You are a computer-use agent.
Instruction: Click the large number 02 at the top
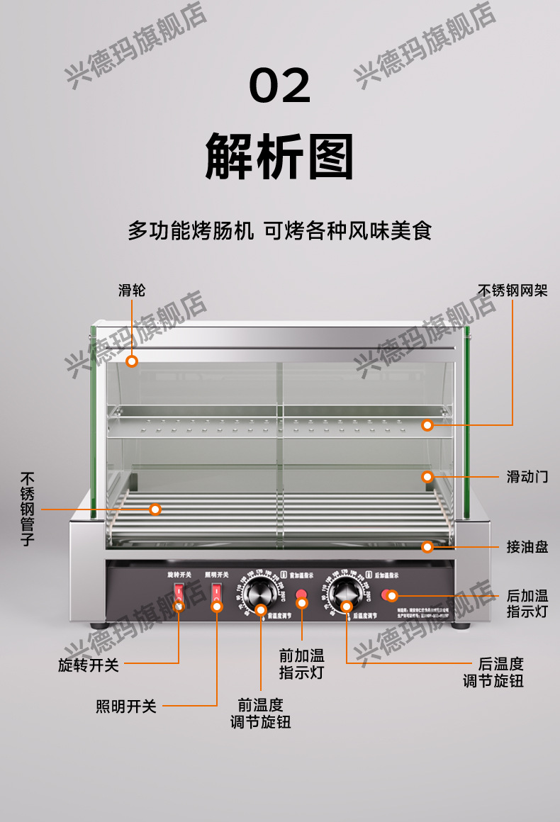coord(280,85)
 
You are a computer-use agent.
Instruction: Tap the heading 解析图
coord(280,156)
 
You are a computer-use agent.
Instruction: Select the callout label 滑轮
coord(132,290)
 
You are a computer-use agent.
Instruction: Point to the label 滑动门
coord(527,476)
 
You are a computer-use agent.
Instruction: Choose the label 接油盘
coord(527,547)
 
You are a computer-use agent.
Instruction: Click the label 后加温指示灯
coord(527,603)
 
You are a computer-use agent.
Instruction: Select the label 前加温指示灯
coord(301,664)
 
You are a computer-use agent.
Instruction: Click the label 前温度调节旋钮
coord(260,714)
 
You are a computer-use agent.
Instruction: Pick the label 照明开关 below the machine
coord(126,706)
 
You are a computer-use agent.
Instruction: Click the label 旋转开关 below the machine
coord(89,665)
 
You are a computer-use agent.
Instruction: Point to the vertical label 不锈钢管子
coord(28,509)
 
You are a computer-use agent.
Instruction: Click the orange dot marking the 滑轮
coord(132,361)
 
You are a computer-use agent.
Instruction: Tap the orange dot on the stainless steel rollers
coord(155,509)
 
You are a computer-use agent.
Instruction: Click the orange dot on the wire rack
coord(427,425)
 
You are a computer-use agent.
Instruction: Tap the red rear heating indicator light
coord(389,595)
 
